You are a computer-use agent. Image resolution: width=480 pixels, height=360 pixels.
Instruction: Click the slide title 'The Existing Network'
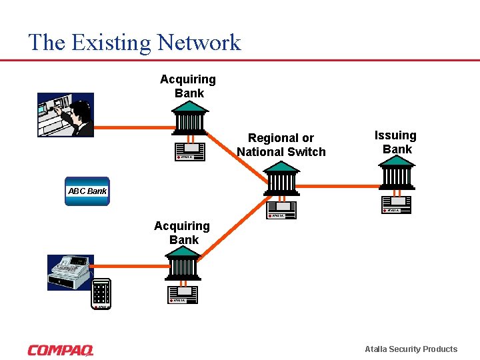coord(134,43)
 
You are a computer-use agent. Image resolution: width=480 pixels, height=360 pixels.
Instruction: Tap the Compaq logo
coord(61,349)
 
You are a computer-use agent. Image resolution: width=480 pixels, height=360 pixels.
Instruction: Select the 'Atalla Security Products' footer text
coord(411,349)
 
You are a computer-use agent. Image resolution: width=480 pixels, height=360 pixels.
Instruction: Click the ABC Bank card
coord(87,191)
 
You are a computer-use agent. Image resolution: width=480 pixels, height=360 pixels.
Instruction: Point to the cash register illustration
coord(70,272)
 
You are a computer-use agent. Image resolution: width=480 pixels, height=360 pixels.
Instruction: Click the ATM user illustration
coord(65,115)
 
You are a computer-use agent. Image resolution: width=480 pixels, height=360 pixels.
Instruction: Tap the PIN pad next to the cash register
coord(101,294)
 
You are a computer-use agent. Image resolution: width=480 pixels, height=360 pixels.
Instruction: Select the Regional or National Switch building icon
coord(281,178)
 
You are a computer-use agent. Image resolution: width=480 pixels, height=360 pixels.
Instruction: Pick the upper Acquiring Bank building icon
coord(189,120)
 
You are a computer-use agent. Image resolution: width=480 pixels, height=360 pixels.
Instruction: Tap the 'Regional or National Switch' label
coord(281,145)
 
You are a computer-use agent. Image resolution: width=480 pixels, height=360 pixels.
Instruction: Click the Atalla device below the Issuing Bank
coord(397,205)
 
